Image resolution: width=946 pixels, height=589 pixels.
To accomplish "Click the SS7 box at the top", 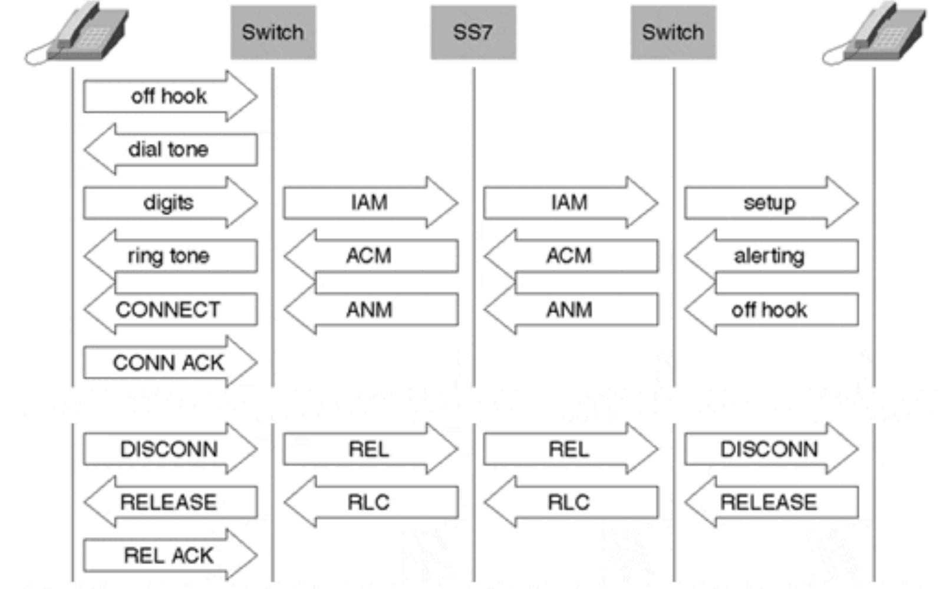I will pyautogui.click(x=473, y=32).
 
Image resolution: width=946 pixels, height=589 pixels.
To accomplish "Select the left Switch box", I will pyautogui.click(x=273, y=32).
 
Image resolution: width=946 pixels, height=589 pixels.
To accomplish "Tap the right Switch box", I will pyautogui.click(x=673, y=32).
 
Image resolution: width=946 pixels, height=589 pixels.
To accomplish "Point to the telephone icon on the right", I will pyautogui.click(x=875, y=34).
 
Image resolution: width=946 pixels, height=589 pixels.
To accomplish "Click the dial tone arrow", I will pyautogui.click(x=169, y=149).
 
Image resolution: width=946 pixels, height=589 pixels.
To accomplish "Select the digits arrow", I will pyautogui.click(x=169, y=202).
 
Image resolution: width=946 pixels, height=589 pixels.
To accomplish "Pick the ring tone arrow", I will pyautogui.click(x=169, y=255).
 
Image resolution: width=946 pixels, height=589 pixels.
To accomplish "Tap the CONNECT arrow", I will pyautogui.click(x=169, y=310).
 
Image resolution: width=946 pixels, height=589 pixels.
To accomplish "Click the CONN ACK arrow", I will pyautogui.click(x=169, y=363).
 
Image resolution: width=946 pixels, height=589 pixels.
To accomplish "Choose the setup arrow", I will pyautogui.click(x=770, y=202).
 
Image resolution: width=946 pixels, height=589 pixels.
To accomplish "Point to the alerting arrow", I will pyautogui.click(x=770, y=255).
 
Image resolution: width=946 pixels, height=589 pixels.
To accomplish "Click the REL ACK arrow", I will pyautogui.click(x=169, y=555).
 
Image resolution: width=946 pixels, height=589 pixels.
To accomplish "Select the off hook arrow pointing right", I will pyautogui.click(x=169, y=96).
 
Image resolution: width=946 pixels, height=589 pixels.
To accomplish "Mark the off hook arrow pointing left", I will pyautogui.click(x=770, y=310).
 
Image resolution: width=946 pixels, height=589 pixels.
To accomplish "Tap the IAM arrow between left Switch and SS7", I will pyautogui.click(x=370, y=202).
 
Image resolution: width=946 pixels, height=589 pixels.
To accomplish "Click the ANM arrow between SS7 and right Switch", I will pyautogui.click(x=569, y=310).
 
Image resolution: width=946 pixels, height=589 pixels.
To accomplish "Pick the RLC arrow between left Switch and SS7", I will pyautogui.click(x=370, y=502).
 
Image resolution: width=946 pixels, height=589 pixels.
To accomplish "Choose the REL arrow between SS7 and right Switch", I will pyautogui.click(x=569, y=449).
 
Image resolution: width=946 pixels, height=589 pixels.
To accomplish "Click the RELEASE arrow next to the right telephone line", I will pyautogui.click(x=770, y=502).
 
